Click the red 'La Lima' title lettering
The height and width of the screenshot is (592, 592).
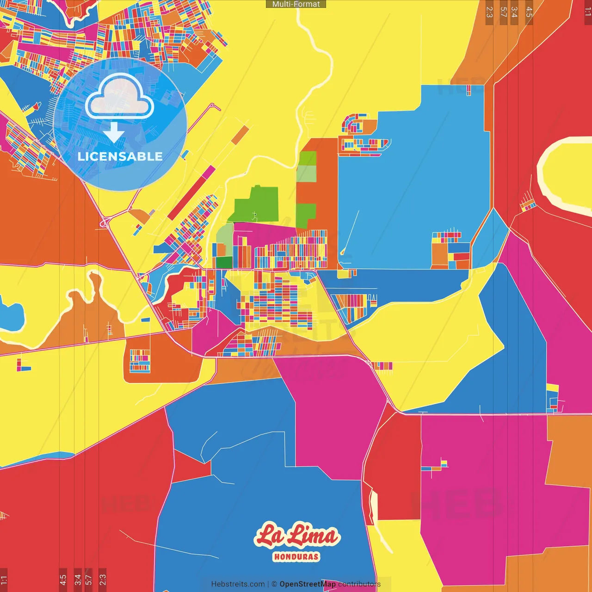[x=296, y=536]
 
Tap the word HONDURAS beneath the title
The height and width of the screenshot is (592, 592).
[x=296, y=556]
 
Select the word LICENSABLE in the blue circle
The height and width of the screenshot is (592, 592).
[x=120, y=156]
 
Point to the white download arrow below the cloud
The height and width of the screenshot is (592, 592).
[x=114, y=133]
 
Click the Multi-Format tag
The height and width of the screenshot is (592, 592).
[x=296, y=4]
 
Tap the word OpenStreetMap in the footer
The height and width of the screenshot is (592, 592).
[x=307, y=584]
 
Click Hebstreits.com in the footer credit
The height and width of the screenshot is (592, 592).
[x=238, y=584]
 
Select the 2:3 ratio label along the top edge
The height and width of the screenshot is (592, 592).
[x=489, y=12]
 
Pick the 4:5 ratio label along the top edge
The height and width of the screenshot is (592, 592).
[x=529, y=12]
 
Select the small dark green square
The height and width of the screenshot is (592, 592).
[x=224, y=262]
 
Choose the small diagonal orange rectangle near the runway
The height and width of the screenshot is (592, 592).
[x=240, y=135]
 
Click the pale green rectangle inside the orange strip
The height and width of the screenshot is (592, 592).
[x=306, y=173]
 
